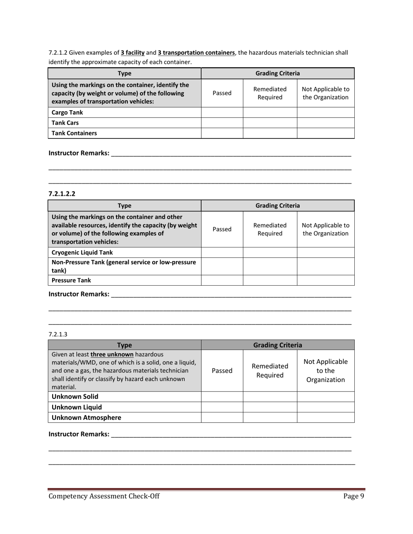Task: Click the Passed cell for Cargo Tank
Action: coord(222,112)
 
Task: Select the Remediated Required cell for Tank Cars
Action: coord(270,122)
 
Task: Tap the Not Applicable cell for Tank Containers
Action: coord(326,133)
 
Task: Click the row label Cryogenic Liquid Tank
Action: coord(82,252)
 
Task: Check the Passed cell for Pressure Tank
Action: coord(222,280)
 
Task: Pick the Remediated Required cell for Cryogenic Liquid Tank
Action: coord(270,252)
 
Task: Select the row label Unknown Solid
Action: coord(75,396)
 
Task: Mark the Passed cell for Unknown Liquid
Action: coord(222,407)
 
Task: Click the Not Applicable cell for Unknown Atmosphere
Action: coord(326,417)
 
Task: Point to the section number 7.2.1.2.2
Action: coord(62,194)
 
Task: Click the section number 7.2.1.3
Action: coord(58,334)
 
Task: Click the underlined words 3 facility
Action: coord(133,53)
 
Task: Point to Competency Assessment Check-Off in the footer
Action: coord(104,497)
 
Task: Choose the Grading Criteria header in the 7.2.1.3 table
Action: coord(277,345)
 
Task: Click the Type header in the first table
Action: coord(124,73)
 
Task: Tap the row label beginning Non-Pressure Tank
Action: coord(124,266)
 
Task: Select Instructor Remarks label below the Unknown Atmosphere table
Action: coord(79,434)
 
